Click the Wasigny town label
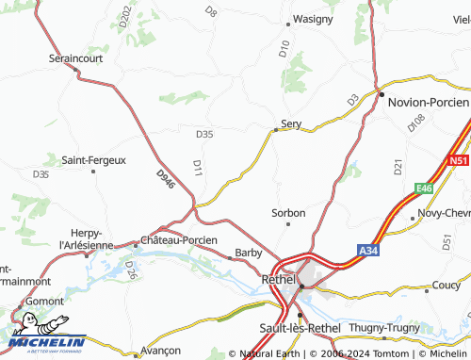point(313,19)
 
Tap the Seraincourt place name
point(75,57)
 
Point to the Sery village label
point(292,123)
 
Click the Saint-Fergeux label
point(93,160)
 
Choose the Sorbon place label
point(288,213)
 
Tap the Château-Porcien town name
point(179,240)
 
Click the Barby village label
point(249,253)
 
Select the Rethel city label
point(278,280)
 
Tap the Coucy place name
point(446,285)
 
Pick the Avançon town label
point(160,350)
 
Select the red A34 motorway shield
point(368,250)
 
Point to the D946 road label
point(166,178)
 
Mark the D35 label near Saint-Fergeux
point(41,174)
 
